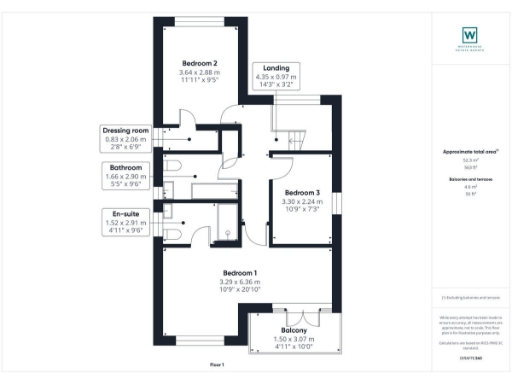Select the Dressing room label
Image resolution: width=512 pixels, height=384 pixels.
click(x=126, y=130)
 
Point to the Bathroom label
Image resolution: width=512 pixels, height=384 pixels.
click(x=126, y=168)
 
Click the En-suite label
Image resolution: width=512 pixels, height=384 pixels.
click(x=126, y=212)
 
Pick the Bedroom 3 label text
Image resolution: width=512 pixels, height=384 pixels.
click(x=302, y=192)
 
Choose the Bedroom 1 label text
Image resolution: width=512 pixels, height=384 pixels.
click(x=240, y=273)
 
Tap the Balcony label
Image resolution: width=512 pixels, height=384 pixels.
click(x=293, y=330)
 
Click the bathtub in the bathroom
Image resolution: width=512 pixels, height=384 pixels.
click(x=211, y=190)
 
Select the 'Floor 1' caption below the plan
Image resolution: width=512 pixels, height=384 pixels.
click(x=218, y=364)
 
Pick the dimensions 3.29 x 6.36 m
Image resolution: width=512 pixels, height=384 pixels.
click(x=240, y=283)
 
